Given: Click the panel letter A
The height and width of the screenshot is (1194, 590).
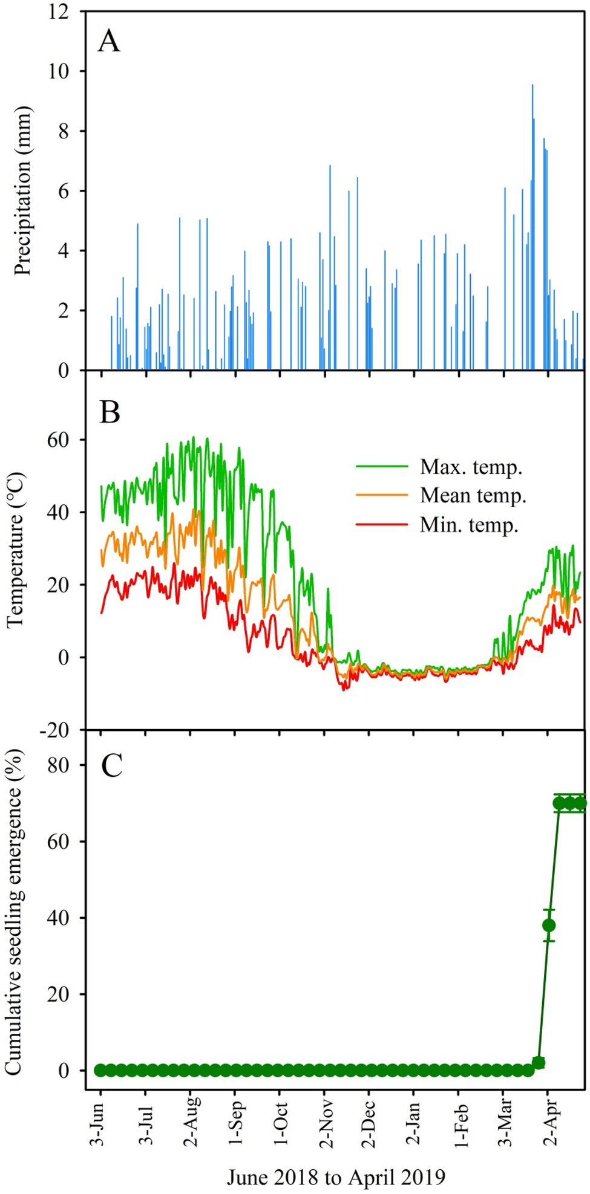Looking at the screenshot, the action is coord(109,42).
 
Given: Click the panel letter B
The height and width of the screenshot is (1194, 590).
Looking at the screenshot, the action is coord(110,412).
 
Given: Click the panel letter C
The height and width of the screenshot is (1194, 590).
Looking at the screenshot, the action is coord(111,766).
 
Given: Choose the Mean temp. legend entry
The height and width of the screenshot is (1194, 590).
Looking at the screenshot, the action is coord(441,495).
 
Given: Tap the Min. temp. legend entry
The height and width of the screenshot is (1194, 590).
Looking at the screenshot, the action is coord(438,524).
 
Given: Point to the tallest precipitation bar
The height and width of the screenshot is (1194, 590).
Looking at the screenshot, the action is coord(533,227).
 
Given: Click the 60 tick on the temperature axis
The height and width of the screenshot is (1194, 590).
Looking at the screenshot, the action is coord(59,440).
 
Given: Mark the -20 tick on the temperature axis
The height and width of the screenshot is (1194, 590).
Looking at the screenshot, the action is coord(54,730).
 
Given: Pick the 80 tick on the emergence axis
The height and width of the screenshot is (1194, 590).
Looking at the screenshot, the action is coord(59,765).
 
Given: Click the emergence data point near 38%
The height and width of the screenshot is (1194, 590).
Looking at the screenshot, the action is coord(549,926).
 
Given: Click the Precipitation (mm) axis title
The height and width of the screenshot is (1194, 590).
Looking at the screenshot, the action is coord(22,191).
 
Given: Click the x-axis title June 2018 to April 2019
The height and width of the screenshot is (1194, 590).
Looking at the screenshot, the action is coord(336,1177).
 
